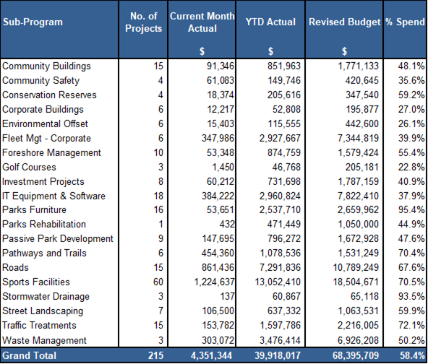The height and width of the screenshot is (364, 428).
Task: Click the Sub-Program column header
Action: point(33,22)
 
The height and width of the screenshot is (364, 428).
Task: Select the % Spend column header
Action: point(405,22)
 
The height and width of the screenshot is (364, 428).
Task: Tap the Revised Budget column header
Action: point(344,22)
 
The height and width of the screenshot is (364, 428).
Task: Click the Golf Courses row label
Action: point(29,167)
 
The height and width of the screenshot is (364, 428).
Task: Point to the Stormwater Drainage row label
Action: point(46,296)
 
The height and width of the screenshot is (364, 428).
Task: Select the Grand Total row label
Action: point(30,355)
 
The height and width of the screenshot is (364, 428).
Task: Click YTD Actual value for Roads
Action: point(280,267)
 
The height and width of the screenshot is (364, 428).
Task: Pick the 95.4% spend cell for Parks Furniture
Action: point(411,209)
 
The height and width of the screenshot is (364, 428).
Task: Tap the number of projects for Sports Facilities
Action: point(158,282)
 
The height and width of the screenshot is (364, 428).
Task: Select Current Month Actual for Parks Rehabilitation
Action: point(227,224)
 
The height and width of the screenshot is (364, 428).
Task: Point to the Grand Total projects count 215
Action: point(155,355)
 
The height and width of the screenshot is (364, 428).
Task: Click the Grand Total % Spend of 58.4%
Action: point(412,355)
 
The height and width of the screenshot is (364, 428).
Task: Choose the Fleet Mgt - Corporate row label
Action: point(46,138)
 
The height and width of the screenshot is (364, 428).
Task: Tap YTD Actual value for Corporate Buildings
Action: point(286,109)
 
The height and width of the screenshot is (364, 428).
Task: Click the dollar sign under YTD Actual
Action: point(270,51)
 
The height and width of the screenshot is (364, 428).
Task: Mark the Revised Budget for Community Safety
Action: point(362,80)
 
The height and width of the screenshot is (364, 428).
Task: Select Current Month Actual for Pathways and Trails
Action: point(218,253)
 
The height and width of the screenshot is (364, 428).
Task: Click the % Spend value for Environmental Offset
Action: point(411,123)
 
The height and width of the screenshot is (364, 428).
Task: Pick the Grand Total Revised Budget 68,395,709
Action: point(356,355)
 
